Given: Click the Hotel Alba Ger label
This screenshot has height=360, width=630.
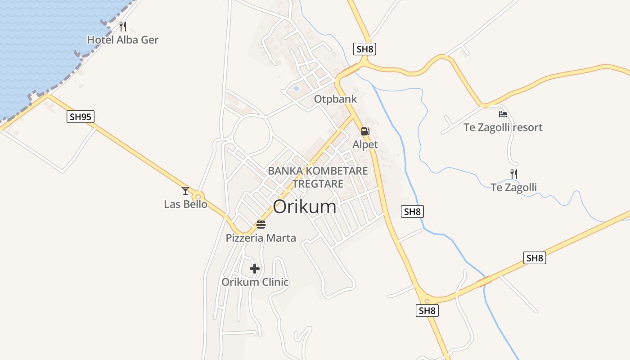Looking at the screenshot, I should click(123, 40).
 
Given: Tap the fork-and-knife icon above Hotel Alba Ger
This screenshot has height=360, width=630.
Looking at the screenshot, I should click(123, 26).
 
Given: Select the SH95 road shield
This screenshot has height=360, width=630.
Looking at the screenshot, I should click(81, 117).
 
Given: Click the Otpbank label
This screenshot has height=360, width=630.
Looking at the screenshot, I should click(335, 99).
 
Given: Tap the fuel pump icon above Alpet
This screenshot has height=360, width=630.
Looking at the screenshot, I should click(365, 131).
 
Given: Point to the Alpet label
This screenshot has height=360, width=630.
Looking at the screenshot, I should click(365, 144).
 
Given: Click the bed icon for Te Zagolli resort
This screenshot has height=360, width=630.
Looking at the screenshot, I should click(503, 114).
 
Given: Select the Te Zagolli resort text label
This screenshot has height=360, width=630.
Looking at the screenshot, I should click(503, 127).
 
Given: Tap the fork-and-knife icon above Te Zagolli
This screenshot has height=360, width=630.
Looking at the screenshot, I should click(513, 174).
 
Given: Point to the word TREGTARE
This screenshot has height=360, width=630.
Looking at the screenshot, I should click(318, 184).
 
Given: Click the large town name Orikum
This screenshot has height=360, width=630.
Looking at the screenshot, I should click(305, 207).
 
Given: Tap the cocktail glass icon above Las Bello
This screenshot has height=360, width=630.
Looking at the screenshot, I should click(185, 191).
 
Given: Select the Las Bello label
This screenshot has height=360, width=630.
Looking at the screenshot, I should click(185, 204).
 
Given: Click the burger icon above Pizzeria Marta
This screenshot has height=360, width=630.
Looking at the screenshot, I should click(261, 224).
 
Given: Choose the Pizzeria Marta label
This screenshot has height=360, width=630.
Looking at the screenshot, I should click(261, 238).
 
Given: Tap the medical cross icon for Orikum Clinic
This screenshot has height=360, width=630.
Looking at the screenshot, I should click(255, 269).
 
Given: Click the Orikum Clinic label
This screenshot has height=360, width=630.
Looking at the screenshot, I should click(255, 282).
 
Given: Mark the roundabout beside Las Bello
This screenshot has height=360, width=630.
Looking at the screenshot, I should click(198, 197).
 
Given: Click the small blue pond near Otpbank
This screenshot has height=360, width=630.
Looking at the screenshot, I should click(296, 88).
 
